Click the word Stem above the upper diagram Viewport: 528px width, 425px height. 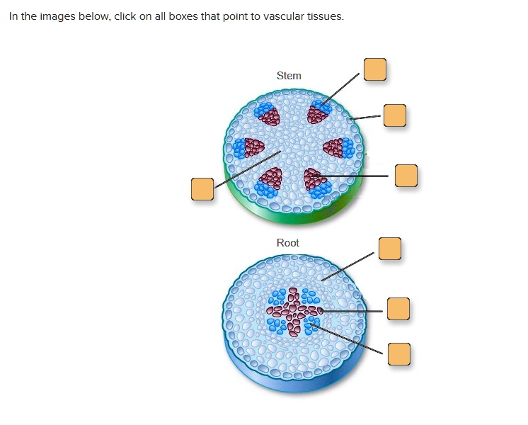pyautogui.click(x=289, y=76)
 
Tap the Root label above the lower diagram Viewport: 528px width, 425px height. pyautogui.click(x=288, y=243)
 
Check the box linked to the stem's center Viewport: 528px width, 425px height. pyautogui.click(x=202, y=189)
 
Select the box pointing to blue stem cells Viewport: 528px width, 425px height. pyautogui.click(x=375, y=69)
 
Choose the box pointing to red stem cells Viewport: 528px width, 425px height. pyautogui.click(x=406, y=176)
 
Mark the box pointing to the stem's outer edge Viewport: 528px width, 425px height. pyautogui.click(x=395, y=115)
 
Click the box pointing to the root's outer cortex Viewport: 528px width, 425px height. pyautogui.click(x=389, y=249)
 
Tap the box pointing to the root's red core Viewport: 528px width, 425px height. pyautogui.click(x=398, y=310)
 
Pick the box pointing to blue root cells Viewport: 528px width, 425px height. pyautogui.click(x=399, y=354)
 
